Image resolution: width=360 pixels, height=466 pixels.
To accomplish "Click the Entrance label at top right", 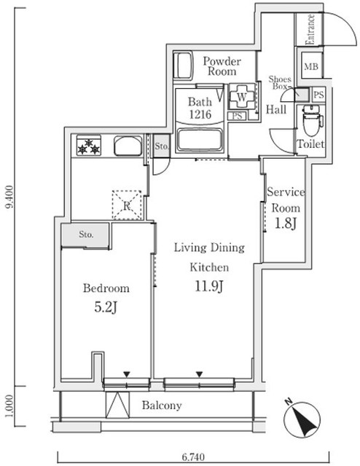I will pos(310,29).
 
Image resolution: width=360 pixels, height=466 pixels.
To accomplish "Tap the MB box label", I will pos(311,67).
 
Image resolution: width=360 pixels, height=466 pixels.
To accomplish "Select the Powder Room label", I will pos(221,66).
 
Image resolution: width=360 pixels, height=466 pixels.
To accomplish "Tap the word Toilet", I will pos(310,144).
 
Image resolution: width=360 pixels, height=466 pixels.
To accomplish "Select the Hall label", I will pos(275,110).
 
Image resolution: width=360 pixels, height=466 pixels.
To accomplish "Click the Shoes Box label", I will pos(280,82).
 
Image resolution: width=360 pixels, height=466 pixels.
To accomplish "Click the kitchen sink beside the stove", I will pos(126,146).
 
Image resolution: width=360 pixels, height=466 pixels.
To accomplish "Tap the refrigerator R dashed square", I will pos(127,205).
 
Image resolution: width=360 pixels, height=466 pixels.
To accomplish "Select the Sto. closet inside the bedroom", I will pos(85,234).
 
